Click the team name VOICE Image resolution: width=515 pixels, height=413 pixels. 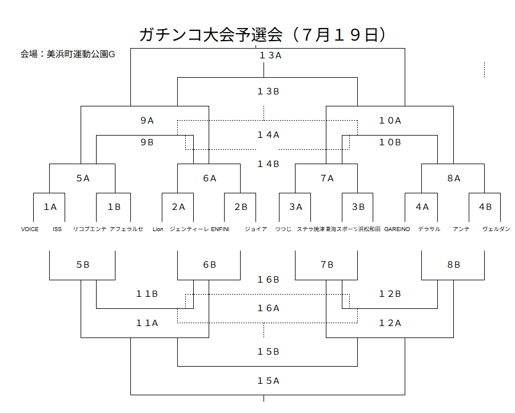pyautogui.click(x=30, y=229)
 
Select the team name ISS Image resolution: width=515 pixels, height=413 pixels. pyautogui.click(x=57, y=229)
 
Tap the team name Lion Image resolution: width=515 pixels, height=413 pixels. pyautogui.click(x=158, y=229)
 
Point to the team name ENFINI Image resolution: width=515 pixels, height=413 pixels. pyautogui.click(x=220, y=229)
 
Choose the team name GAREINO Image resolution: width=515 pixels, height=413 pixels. pyautogui.click(x=397, y=229)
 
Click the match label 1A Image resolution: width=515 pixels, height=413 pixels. pyautogui.click(x=50, y=207)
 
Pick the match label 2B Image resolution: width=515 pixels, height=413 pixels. pyautogui.click(x=240, y=207)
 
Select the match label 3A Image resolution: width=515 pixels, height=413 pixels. pyautogui.click(x=296, y=207)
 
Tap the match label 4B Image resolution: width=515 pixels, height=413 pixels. pyautogui.click(x=485, y=207)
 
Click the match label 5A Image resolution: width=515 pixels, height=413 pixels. pyautogui.click(x=83, y=178)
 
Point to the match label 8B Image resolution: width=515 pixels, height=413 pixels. pyautogui.click(x=453, y=265)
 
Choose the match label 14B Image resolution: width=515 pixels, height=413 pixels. pyautogui.click(x=268, y=164)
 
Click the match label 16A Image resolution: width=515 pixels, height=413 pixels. pyautogui.click(x=268, y=308)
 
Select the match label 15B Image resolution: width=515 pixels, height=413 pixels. pyautogui.click(x=268, y=352)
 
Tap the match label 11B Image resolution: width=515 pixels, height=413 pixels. pyautogui.click(x=147, y=294)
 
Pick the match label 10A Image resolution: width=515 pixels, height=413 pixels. pyautogui.click(x=390, y=121)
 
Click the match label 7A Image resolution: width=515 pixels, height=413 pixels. pyautogui.click(x=327, y=178)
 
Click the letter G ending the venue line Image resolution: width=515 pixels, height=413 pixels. pyautogui.click(x=111, y=54)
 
